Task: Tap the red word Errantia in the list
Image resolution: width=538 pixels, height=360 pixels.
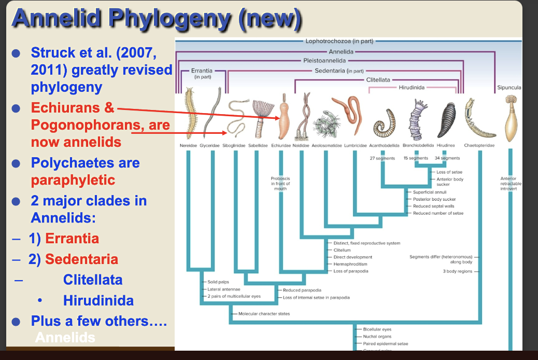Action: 72,239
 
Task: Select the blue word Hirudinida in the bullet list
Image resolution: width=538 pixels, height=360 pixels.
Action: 98,300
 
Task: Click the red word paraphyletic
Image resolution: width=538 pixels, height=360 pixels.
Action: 73,181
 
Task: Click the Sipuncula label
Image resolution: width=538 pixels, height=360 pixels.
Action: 508,88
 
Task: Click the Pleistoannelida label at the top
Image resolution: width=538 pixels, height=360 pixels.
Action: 325,61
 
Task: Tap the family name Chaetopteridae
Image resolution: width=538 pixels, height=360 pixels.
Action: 478,146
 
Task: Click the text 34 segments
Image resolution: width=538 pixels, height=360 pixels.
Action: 447,158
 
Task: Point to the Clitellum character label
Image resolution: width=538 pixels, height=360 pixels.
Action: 342,250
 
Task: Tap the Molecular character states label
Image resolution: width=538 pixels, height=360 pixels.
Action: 264,313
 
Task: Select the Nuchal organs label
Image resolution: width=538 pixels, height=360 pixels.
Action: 377,336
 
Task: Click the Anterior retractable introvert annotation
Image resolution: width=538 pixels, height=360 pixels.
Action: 508,184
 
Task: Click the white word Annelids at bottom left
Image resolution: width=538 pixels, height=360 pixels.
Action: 65,338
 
